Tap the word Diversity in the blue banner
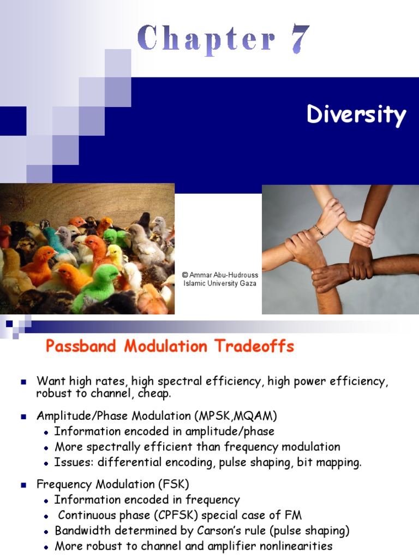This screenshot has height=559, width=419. [356, 115]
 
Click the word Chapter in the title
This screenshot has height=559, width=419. [207, 39]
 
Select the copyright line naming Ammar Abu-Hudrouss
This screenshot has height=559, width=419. [220, 275]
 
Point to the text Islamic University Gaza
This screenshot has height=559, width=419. [219, 283]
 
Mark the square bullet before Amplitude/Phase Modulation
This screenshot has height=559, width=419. [23, 417]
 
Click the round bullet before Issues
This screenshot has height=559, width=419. [47, 463]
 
